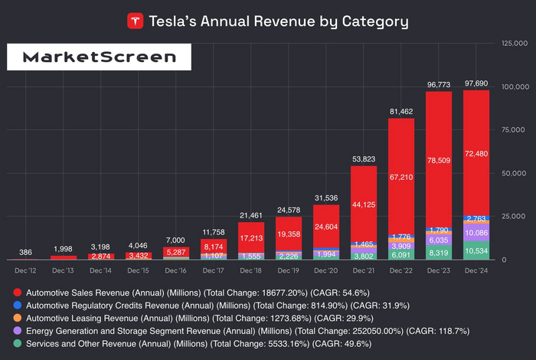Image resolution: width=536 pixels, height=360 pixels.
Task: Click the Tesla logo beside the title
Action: tap(136, 21)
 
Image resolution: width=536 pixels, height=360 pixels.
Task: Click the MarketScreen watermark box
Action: tap(94, 57)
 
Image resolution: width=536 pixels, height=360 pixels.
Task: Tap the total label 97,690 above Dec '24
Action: tap(476, 82)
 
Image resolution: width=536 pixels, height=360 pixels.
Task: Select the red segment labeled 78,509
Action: tap(439, 153)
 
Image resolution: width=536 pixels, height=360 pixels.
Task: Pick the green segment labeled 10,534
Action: tap(476, 250)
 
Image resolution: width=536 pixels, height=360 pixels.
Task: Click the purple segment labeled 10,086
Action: tap(476, 232)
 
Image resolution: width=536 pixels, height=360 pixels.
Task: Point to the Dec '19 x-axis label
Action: tap(289, 270)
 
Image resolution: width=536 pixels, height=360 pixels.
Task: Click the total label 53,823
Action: tap(364, 159)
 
